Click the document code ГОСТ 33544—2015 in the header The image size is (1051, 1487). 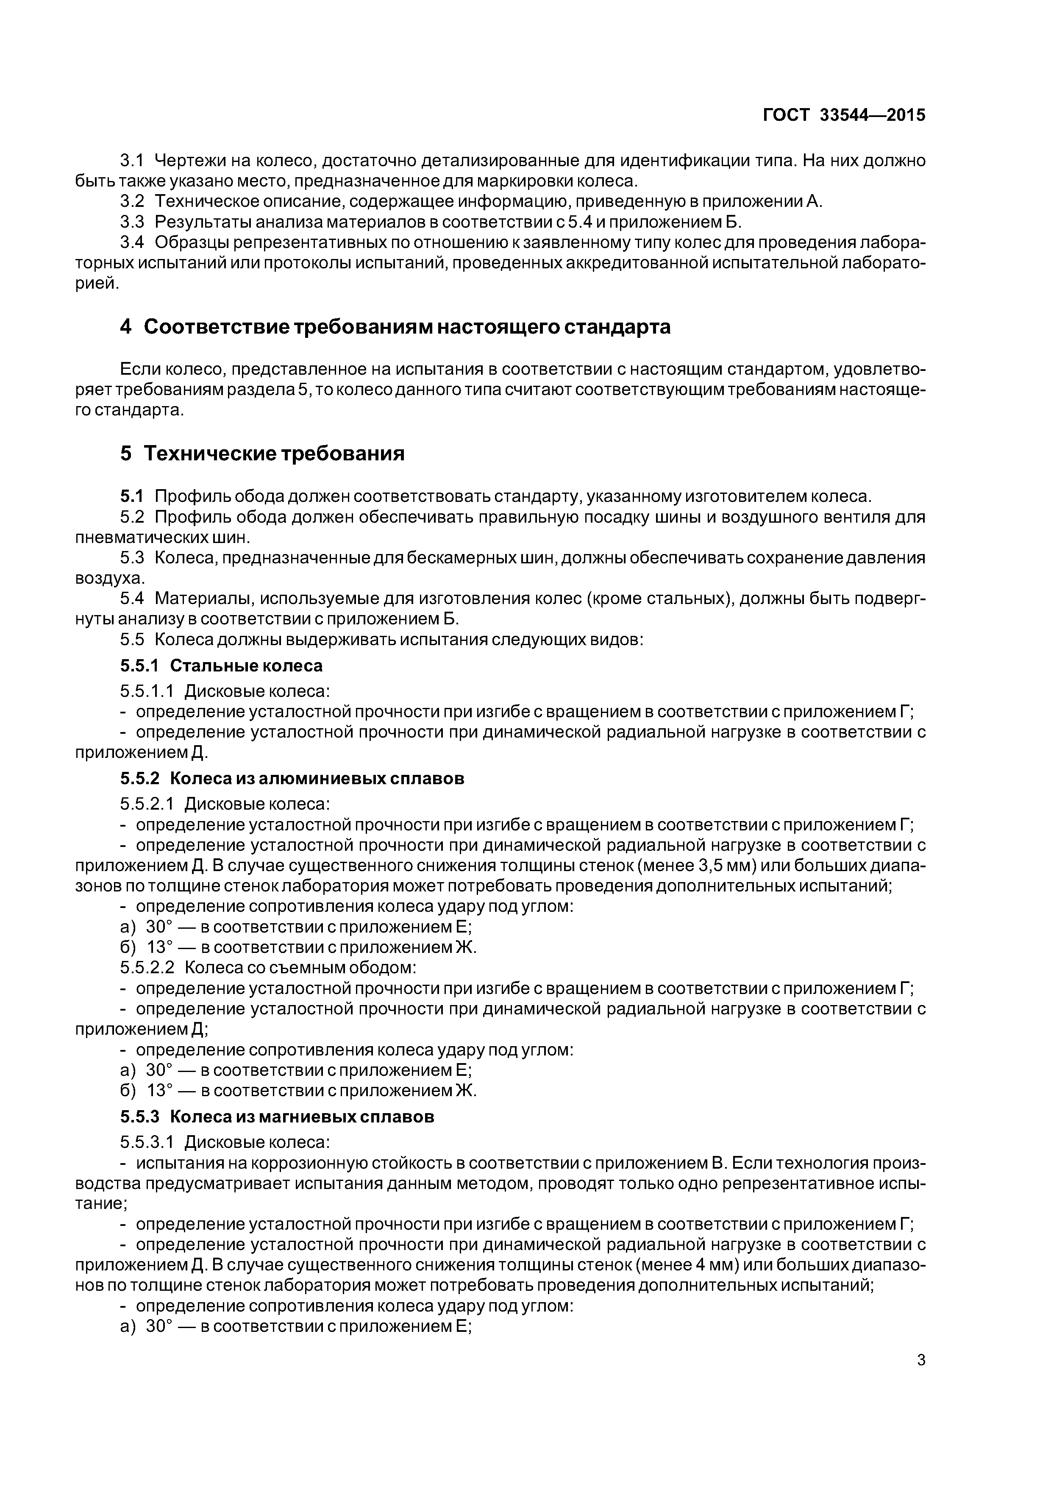[x=844, y=115]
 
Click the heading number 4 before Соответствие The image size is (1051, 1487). [x=125, y=328]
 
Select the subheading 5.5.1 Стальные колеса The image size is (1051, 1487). [x=221, y=666]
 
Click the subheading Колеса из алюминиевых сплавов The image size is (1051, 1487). [x=321, y=779]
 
